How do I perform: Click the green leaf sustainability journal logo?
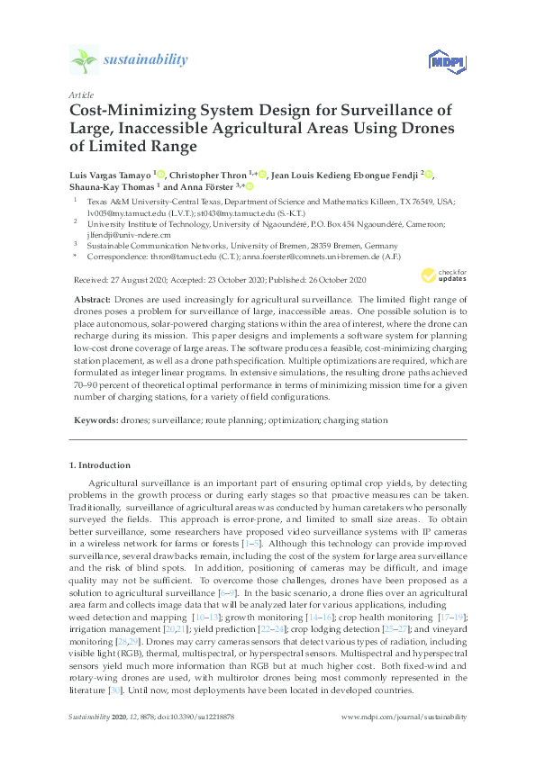[84, 59]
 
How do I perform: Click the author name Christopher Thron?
[213, 173]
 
